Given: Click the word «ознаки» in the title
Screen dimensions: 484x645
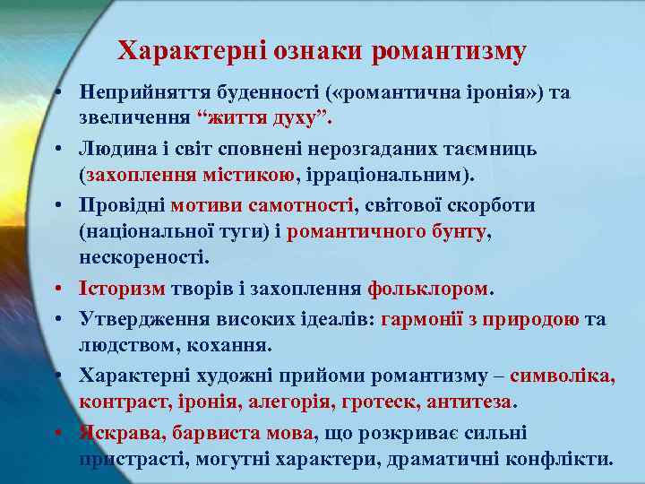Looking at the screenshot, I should [x=311, y=51].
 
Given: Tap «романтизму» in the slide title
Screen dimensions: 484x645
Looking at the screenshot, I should [x=450, y=51].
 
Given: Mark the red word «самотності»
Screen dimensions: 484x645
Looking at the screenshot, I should [x=304, y=205].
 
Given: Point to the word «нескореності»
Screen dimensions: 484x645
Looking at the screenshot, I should [x=143, y=257].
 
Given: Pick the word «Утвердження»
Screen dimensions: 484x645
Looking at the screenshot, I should [x=140, y=319].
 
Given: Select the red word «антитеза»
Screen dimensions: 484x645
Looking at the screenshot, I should [x=471, y=402].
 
